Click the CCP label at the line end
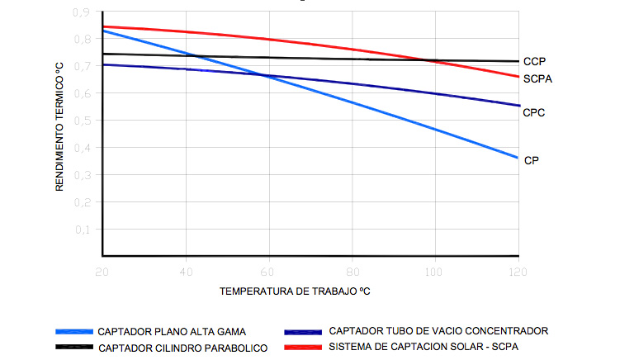534,61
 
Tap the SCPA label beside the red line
537,79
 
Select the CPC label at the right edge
534,112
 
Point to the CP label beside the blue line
532,160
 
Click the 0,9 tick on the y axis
81,12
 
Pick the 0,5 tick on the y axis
81,121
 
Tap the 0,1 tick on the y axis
81,230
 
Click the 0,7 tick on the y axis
81,67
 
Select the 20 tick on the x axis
102,271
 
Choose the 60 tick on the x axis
269,271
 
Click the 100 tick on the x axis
434,271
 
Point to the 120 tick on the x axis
518,271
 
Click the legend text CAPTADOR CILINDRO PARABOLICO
182,348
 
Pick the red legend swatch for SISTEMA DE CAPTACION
303,347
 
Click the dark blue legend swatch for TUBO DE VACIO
303,331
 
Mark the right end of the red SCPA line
518,77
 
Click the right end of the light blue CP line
518,157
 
